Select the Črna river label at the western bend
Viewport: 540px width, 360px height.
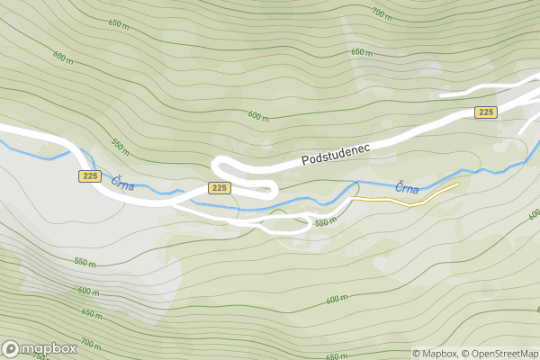click(x=122, y=183)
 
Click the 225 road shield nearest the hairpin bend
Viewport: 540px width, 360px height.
click(x=220, y=187)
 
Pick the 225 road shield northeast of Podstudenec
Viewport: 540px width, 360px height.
click(x=486, y=112)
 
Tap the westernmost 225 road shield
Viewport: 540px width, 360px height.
click(x=89, y=176)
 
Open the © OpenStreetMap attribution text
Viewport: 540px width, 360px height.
click(x=500, y=354)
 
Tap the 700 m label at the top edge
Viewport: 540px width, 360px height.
click(x=382, y=13)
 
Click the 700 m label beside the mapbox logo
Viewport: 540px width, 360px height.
click(x=91, y=343)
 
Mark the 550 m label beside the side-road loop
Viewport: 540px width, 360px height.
click(x=326, y=221)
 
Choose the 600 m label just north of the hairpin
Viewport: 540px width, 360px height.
click(x=258, y=116)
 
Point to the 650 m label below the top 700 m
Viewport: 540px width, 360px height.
click(x=362, y=52)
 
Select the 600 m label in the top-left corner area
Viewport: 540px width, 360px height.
click(x=63, y=57)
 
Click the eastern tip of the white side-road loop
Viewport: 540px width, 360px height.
click(x=312, y=221)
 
